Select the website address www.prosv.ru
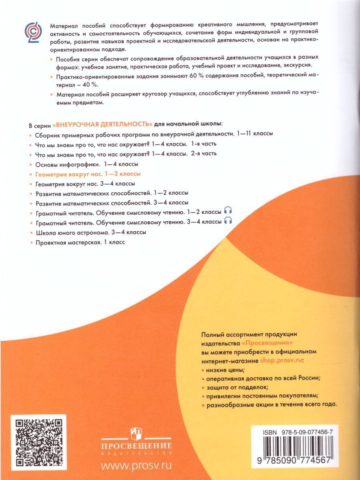pyautogui.click(x=136, y=465)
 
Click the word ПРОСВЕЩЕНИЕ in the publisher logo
pyautogui.click(x=136, y=446)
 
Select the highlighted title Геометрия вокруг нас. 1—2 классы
pyautogui.click(x=88, y=174)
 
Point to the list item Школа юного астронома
pyautogui.click(x=90, y=232)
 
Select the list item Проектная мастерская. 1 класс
pyautogui.click(x=83, y=242)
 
